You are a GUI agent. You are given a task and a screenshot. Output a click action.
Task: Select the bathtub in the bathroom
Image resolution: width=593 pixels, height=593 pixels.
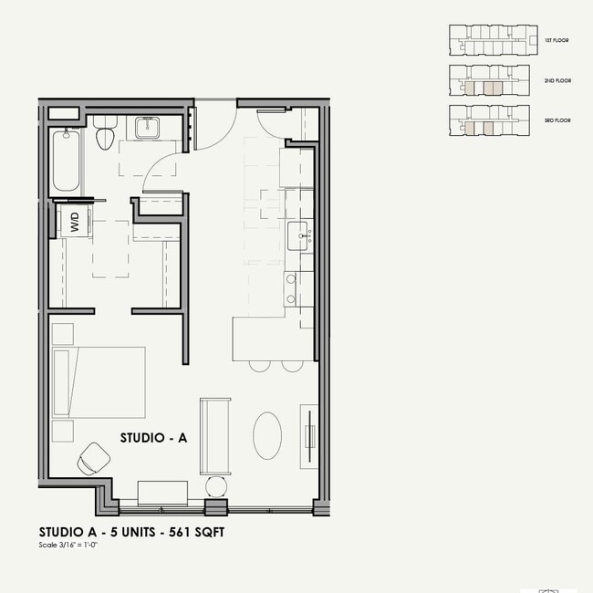[x=64, y=161]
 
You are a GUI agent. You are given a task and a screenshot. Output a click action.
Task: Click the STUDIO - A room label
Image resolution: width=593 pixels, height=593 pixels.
[x=153, y=438]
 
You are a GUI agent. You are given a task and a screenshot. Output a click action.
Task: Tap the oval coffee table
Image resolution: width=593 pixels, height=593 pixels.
[x=267, y=436]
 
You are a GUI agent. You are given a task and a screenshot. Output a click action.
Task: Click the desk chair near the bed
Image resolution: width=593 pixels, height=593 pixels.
[x=93, y=457]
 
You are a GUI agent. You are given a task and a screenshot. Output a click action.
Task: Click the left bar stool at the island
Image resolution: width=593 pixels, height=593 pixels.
[x=259, y=365]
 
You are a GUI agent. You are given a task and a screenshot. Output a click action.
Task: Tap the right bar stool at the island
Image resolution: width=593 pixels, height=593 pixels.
[x=291, y=365]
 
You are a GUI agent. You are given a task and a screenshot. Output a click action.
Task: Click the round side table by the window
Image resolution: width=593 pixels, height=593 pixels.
[x=215, y=484]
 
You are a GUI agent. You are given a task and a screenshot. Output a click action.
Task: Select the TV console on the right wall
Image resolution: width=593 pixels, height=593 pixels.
[x=310, y=437]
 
